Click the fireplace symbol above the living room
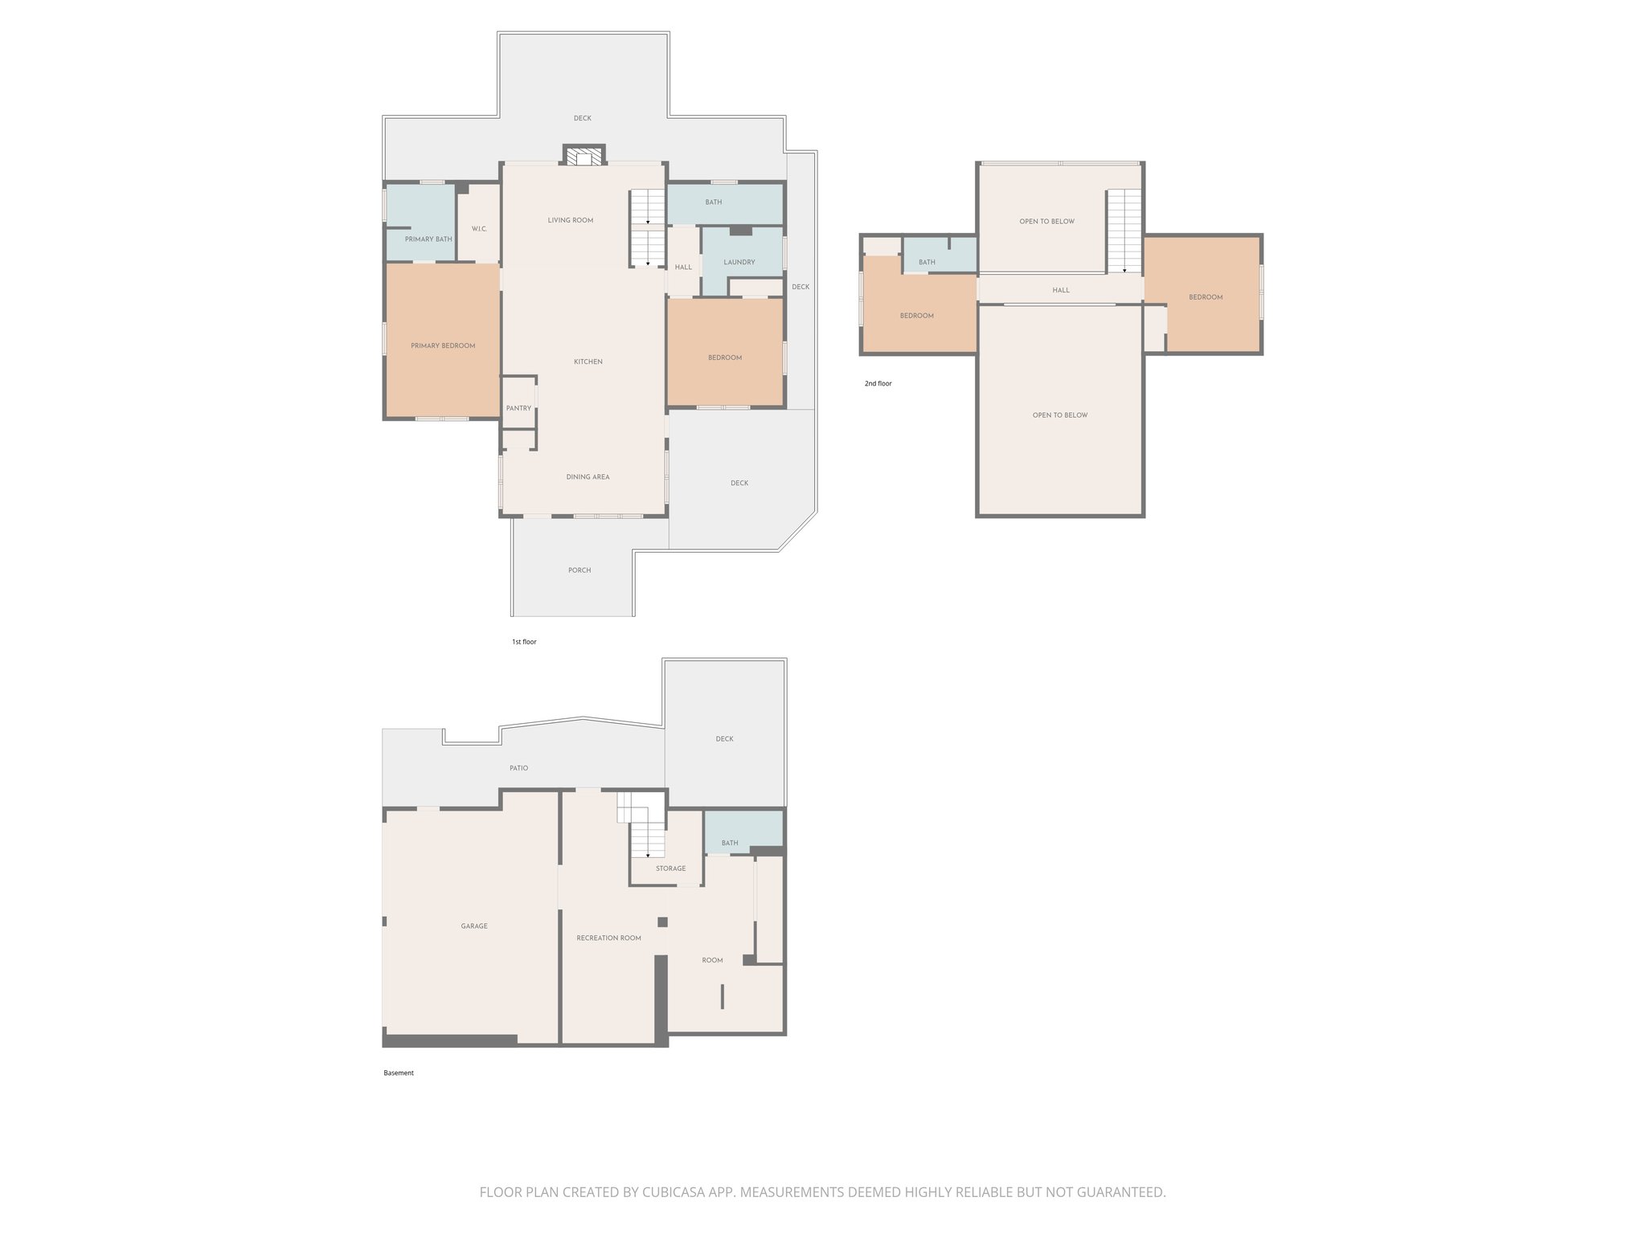click(x=583, y=156)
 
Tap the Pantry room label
click(x=518, y=408)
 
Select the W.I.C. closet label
click(x=479, y=229)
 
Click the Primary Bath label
click(x=428, y=239)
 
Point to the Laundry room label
click(x=739, y=262)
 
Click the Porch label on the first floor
click(x=579, y=570)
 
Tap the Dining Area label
click(x=588, y=477)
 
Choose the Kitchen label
click(x=588, y=362)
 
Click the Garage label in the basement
click(x=474, y=926)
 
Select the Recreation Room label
click(x=608, y=938)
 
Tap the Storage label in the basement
click(x=670, y=868)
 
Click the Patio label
click(x=518, y=768)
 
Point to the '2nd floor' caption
click(x=878, y=384)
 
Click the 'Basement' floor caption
click(x=398, y=1073)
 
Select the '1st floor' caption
click(x=523, y=642)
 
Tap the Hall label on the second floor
click(x=1061, y=290)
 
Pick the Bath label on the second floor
click(x=927, y=263)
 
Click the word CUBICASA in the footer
click(x=674, y=1192)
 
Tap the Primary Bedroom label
click(x=443, y=346)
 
